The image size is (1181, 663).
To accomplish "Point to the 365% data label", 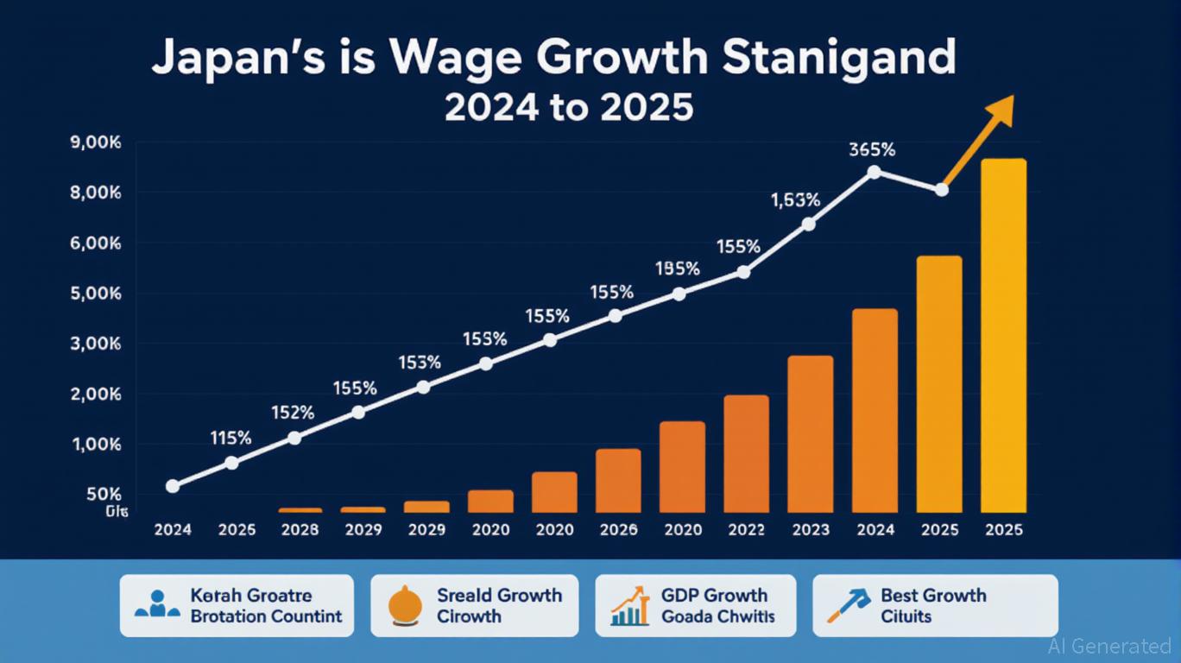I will (871, 149).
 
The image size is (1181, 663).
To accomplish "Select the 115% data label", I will (231, 438).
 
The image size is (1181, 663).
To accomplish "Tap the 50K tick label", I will (104, 495).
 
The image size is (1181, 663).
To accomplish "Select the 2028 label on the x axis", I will (300, 530).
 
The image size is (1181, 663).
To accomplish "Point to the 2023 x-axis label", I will (811, 530).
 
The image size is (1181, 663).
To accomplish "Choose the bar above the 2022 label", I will (746, 454).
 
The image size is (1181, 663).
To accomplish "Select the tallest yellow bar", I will (1004, 336).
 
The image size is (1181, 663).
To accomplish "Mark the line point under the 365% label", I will (874, 172).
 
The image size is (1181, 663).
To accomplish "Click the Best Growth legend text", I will (932, 595).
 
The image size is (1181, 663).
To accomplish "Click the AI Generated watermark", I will (1109, 646).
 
